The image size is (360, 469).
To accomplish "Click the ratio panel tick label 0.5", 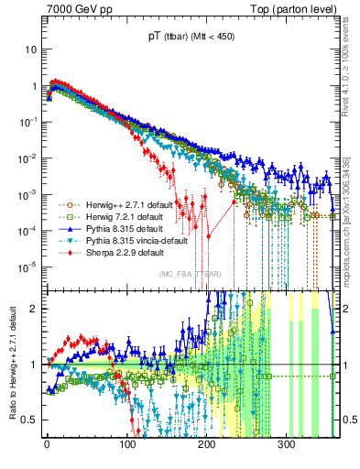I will point(30,420).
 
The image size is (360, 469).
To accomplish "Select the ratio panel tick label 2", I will point(35,309).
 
